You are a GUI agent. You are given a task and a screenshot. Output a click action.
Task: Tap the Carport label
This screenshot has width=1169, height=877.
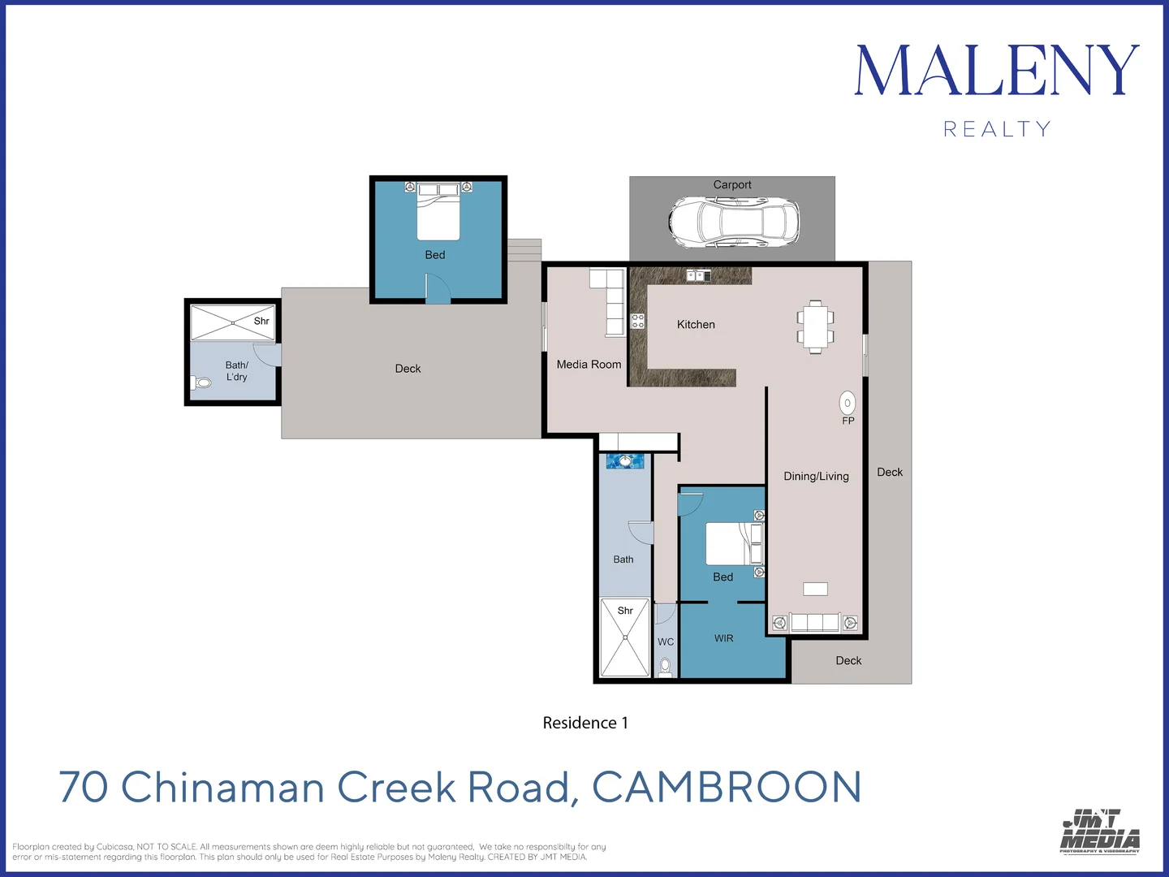click(x=731, y=185)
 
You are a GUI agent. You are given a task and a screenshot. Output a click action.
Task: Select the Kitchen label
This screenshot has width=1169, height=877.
click(x=696, y=325)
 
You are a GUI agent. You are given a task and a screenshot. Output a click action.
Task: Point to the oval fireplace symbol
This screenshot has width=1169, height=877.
click(x=848, y=403)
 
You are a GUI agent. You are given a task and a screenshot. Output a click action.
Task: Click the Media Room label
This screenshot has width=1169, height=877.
click(x=589, y=365)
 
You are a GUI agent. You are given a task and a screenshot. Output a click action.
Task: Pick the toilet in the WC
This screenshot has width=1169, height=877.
click(x=666, y=666)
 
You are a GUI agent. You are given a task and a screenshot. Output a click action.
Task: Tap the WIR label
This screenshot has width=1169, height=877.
click(x=723, y=639)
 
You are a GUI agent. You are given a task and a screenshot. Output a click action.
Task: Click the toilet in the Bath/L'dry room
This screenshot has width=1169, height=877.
click(x=201, y=382)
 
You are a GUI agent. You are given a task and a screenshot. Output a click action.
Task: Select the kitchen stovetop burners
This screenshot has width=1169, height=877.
click(x=638, y=321)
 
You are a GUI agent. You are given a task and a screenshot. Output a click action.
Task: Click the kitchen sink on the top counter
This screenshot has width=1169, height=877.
click(x=698, y=276)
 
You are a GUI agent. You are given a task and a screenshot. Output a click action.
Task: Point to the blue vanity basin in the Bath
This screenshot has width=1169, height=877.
click(x=625, y=461)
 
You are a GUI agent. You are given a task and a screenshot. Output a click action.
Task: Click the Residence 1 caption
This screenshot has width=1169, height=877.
click(x=585, y=723)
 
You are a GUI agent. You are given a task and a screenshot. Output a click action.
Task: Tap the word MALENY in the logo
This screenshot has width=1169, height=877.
click(x=997, y=71)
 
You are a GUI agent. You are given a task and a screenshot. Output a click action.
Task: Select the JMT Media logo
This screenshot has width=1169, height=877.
click(x=1100, y=831)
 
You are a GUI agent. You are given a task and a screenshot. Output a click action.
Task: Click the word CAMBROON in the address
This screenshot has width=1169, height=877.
click(x=727, y=788)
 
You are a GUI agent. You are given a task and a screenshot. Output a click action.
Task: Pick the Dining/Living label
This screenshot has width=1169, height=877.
click(x=816, y=477)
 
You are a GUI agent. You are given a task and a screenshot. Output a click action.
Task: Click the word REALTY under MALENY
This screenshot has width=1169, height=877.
click(x=997, y=129)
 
